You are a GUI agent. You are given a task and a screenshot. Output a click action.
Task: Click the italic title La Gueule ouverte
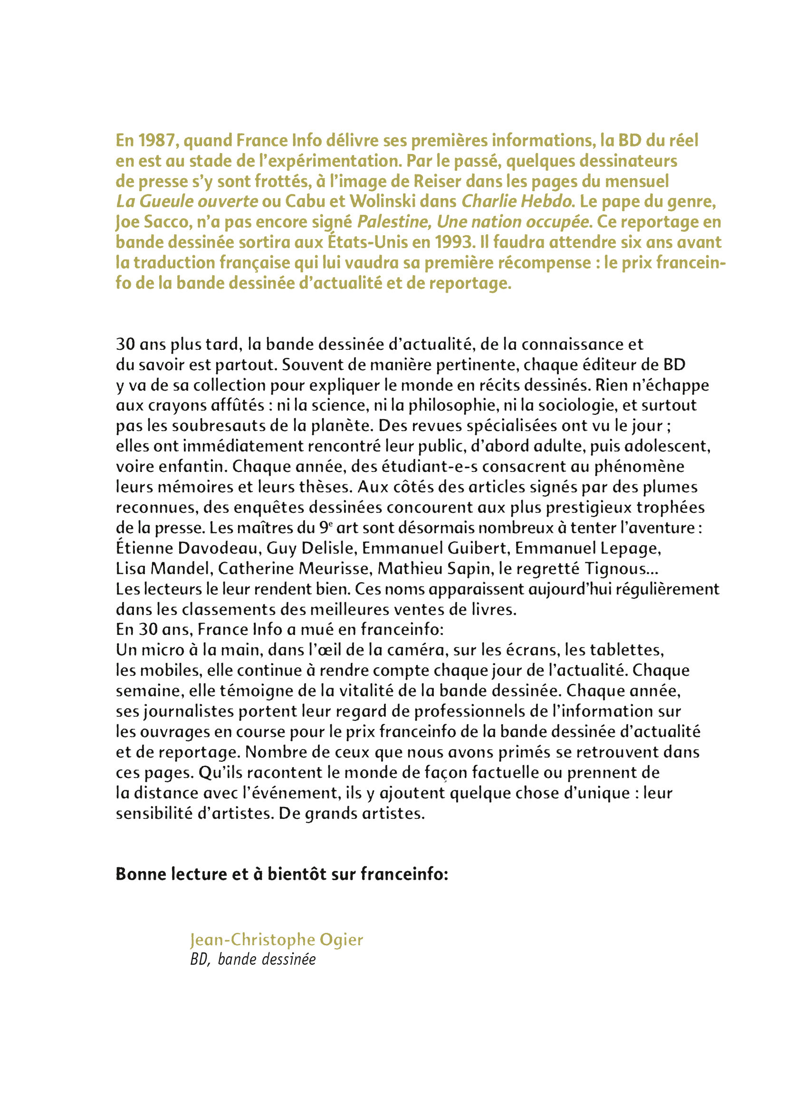[187, 202]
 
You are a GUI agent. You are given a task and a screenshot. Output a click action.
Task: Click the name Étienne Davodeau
[187, 548]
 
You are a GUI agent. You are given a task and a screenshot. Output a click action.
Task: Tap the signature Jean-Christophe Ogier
[277, 940]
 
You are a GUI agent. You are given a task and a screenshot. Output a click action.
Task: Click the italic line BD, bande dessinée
[253, 960]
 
